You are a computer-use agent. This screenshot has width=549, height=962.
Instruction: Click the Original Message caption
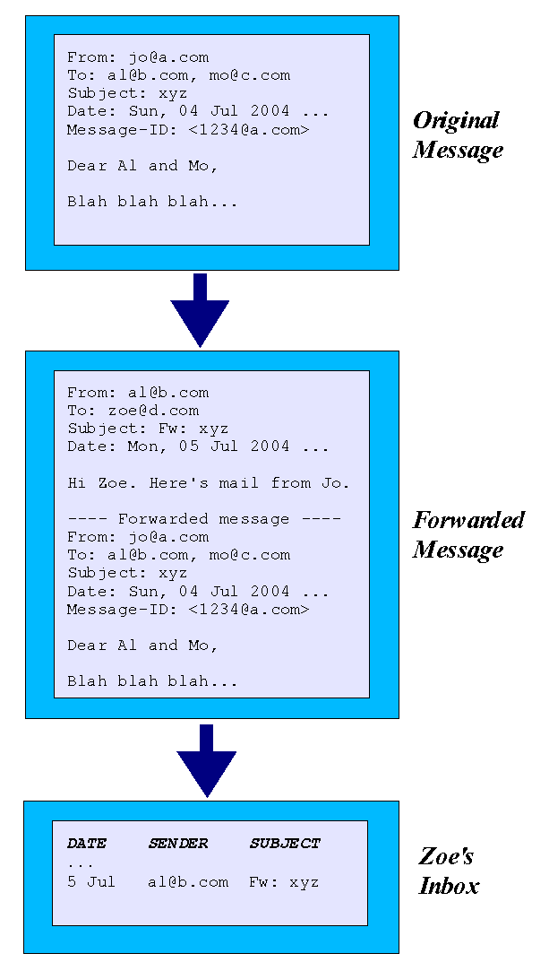(458, 135)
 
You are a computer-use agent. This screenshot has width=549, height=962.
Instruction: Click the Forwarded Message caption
(468, 534)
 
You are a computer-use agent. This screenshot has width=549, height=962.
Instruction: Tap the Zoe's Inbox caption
(449, 871)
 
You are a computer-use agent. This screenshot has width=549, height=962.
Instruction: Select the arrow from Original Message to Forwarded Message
(200, 310)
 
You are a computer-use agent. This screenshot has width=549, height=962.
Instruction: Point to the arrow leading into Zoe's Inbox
(207, 761)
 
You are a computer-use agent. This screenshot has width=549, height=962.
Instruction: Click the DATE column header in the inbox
(86, 844)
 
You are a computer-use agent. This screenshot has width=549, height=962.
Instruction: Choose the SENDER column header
(178, 844)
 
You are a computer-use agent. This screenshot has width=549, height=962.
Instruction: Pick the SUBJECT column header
(285, 844)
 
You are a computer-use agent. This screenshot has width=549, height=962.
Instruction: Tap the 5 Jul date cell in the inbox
(91, 882)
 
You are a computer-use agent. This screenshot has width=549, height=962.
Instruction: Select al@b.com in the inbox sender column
(188, 882)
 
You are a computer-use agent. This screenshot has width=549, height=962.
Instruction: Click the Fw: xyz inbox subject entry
(284, 882)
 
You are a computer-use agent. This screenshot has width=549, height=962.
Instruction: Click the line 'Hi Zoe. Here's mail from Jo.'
(209, 483)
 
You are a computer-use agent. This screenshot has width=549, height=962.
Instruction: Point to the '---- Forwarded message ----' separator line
(204, 519)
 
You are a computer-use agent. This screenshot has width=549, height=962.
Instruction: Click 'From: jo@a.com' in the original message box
(138, 57)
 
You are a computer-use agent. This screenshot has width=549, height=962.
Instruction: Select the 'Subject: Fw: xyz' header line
(148, 429)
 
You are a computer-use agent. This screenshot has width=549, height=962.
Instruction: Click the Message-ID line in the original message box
(188, 130)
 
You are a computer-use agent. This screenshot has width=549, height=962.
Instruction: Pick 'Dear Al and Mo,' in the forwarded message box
(142, 646)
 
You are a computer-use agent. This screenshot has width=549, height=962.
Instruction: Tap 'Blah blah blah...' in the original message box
(152, 202)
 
